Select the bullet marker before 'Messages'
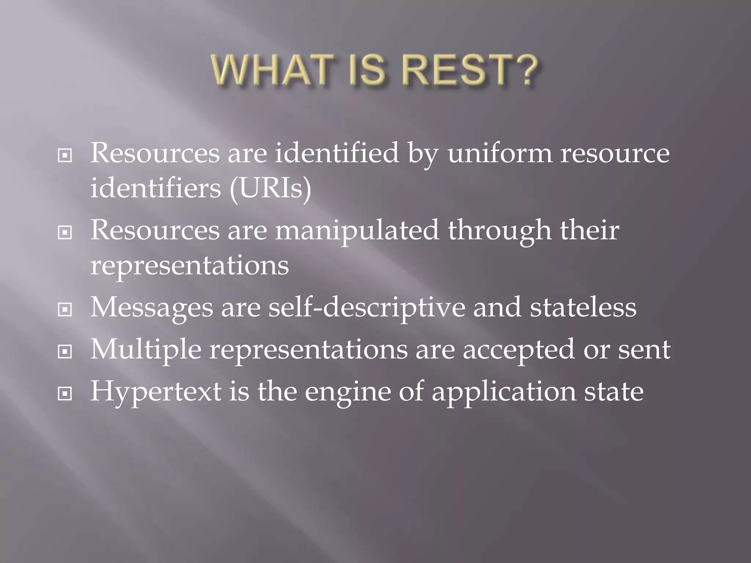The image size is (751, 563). pyautogui.click(x=65, y=310)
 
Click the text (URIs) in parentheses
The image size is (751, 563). pyautogui.click(x=270, y=189)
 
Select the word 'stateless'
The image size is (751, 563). pyautogui.click(x=583, y=308)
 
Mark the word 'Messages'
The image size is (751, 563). pyautogui.click(x=151, y=308)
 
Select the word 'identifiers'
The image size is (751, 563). pyautogui.click(x=155, y=189)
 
